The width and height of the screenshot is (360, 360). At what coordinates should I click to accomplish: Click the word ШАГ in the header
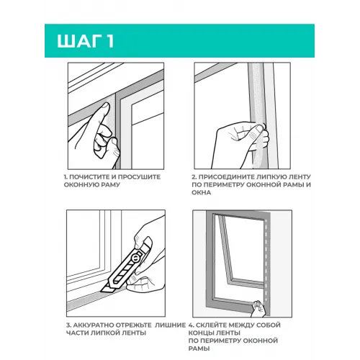78,41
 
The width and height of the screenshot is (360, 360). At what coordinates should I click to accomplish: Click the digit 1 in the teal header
109,41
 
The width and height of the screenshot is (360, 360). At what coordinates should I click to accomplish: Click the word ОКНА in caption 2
201,192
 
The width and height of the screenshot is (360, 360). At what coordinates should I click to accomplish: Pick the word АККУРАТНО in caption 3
94,325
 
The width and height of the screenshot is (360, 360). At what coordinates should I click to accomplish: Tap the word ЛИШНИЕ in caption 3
170,325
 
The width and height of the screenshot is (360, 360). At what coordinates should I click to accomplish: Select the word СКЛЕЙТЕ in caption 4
210,325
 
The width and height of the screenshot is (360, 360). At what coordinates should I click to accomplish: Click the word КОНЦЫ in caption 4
199,333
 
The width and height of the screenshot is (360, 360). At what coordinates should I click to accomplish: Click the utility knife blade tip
102,291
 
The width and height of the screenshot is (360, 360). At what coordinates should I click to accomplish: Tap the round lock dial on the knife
135,258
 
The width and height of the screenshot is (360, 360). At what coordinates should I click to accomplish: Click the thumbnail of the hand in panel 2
259,130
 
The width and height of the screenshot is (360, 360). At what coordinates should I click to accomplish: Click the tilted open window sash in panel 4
225,250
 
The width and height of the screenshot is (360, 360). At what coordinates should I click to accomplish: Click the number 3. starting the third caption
68,325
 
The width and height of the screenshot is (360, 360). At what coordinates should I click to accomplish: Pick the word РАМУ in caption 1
111,185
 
